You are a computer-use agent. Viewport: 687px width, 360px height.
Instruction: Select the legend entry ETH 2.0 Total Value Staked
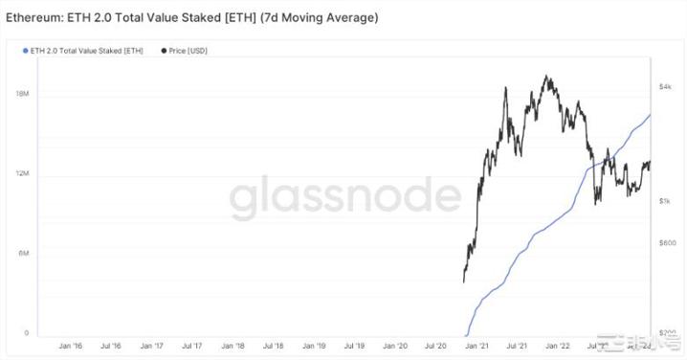(x=83, y=50)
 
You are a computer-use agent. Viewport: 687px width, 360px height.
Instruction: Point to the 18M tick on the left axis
(x=21, y=94)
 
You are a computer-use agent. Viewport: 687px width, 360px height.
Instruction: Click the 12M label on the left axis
(x=21, y=174)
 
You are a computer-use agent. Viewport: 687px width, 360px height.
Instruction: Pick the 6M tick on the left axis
(x=22, y=253)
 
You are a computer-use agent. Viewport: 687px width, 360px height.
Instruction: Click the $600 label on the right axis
(x=666, y=243)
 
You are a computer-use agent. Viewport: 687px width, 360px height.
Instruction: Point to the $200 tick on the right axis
(x=666, y=331)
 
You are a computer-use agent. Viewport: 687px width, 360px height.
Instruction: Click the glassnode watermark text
(x=343, y=198)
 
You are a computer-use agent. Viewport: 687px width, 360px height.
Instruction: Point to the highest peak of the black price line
(x=545, y=77)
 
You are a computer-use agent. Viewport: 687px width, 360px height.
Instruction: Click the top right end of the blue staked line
(x=651, y=114)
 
